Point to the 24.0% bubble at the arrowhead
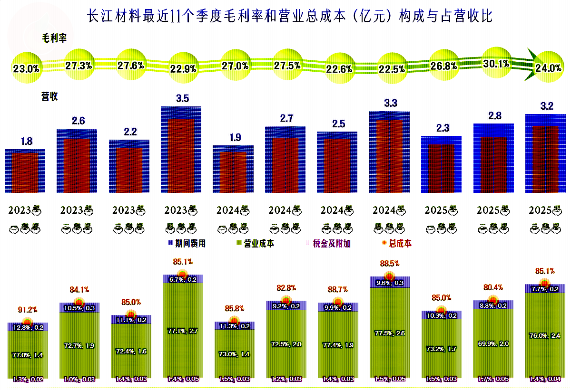point(548,68)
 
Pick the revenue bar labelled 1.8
point(25,171)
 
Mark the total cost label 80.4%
point(493,287)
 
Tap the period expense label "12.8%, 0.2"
point(28,327)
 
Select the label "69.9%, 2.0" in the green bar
point(493,343)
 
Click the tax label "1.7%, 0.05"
point(493,379)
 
